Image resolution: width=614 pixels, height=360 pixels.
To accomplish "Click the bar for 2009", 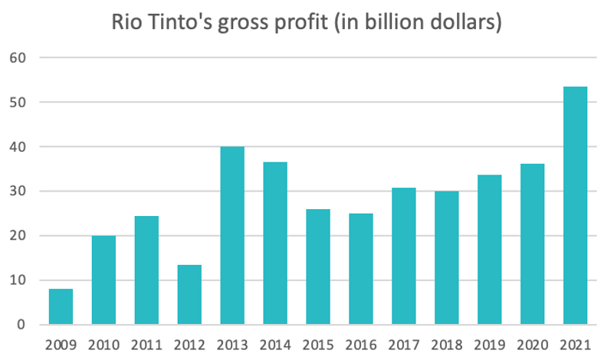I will pyautogui.click(x=61, y=306).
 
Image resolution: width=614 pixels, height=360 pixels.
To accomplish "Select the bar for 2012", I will pyautogui.click(x=189, y=295).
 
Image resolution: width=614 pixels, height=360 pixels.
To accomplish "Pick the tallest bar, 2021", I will pyautogui.click(x=575, y=206).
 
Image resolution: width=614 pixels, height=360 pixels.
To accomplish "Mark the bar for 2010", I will pyautogui.click(x=103, y=280).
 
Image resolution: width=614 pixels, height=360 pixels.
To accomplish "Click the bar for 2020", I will pyautogui.click(x=532, y=244).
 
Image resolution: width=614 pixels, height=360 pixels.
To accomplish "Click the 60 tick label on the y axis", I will pyautogui.click(x=18, y=57).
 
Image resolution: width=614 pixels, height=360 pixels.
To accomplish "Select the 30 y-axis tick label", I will pyautogui.click(x=18, y=191).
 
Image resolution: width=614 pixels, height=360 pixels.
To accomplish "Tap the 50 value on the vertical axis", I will pyautogui.click(x=18, y=102).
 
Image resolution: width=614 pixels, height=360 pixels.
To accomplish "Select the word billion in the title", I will pyautogui.click(x=409, y=23).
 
